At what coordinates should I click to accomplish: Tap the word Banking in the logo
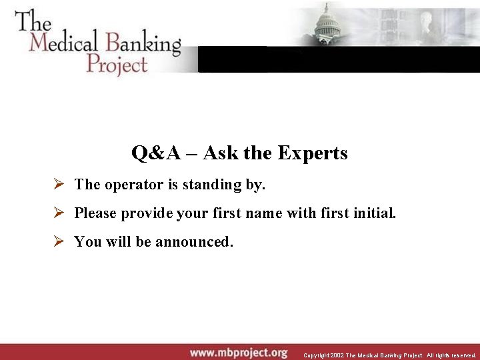[139, 44]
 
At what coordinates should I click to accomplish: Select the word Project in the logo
[116, 64]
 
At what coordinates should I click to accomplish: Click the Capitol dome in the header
[327, 23]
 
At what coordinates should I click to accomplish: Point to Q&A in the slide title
[156, 153]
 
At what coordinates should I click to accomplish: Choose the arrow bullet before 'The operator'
[59, 184]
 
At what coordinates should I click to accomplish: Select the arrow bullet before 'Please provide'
[59, 213]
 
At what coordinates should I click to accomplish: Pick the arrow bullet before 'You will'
[59, 241]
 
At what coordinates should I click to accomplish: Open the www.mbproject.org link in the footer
[239, 352]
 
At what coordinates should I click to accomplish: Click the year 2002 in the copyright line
[336, 355]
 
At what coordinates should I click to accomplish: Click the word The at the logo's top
[33, 20]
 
